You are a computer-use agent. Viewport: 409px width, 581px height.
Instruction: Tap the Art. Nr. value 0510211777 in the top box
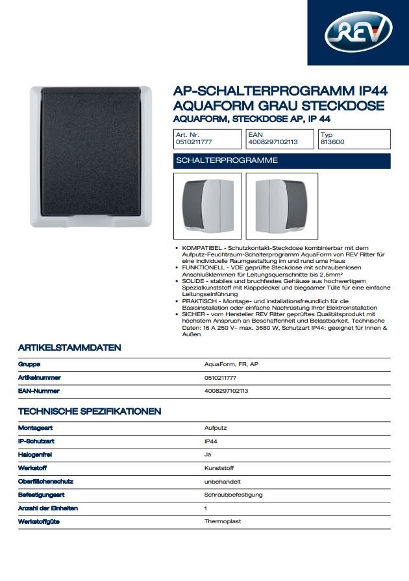coord(194,142)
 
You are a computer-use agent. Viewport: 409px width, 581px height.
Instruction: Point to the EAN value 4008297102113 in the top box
coord(273,142)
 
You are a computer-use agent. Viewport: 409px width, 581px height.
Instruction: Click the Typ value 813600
coord(332,142)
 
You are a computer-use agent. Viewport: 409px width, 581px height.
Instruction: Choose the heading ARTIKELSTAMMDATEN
coord(69,348)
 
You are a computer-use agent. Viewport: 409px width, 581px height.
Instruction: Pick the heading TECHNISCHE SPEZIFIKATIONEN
coord(90,412)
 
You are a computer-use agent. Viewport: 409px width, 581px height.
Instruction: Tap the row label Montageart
coord(36,428)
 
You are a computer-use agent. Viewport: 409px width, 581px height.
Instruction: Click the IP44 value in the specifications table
coord(211,441)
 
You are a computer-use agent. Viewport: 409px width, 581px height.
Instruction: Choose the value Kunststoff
coord(219,468)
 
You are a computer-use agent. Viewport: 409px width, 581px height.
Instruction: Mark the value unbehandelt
coord(223,481)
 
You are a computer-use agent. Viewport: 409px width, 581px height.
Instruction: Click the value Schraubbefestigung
coord(233,495)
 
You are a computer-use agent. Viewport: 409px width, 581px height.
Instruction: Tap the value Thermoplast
coord(222,521)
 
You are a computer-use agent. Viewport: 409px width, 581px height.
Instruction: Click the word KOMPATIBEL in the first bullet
coord(199,249)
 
